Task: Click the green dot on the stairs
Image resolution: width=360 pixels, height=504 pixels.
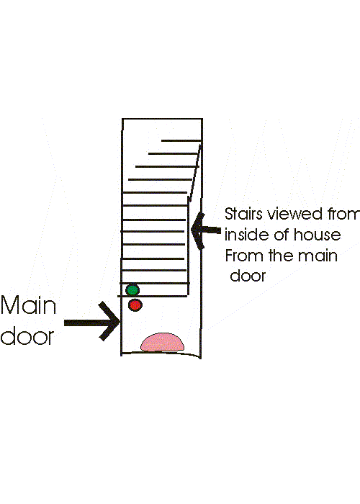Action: [x=132, y=290]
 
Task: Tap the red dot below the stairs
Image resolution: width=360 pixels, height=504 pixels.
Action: [x=135, y=305]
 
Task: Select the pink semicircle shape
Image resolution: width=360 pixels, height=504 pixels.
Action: [x=162, y=342]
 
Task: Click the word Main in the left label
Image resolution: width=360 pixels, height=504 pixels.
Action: [x=28, y=305]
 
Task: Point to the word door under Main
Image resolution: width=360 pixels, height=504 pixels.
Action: [x=27, y=336]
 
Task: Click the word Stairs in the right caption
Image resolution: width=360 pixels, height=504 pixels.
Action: [x=243, y=214]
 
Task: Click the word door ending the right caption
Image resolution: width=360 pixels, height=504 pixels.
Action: [x=248, y=276]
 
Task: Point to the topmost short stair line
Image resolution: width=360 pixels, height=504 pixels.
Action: [x=181, y=140]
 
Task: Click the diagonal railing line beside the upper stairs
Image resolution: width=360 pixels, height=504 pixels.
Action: [x=195, y=174]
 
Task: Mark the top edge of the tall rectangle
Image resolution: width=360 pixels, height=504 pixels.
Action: [x=162, y=119]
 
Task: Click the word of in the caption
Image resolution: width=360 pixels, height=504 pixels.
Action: [x=282, y=235]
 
